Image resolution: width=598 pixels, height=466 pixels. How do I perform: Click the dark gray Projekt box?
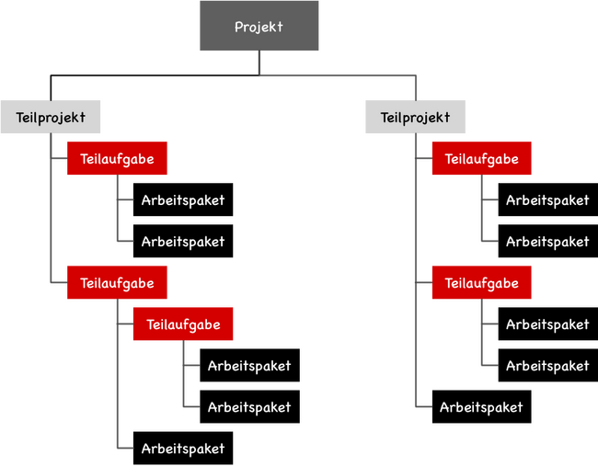(x=259, y=26)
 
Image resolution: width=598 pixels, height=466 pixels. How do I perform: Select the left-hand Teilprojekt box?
(x=51, y=117)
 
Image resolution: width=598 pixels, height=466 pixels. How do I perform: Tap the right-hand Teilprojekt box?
(x=415, y=117)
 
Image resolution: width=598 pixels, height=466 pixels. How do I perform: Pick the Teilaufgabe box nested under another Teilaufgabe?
(x=183, y=324)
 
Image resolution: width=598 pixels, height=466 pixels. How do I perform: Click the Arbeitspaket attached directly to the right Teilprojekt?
(x=482, y=406)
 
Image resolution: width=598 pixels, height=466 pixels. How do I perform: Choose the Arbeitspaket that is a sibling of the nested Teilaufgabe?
(x=183, y=449)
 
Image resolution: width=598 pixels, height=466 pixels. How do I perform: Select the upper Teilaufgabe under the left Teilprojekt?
(x=117, y=158)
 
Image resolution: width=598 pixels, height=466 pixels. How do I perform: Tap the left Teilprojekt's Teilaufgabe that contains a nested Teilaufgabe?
(x=117, y=282)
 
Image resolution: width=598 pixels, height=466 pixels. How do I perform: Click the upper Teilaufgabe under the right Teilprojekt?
(x=482, y=158)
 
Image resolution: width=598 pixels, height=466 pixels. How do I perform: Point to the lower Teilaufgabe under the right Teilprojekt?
(x=482, y=282)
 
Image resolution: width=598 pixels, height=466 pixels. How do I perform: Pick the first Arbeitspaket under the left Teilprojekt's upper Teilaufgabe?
(x=183, y=199)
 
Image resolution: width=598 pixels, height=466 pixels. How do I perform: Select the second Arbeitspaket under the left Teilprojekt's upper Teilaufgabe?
(x=183, y=241)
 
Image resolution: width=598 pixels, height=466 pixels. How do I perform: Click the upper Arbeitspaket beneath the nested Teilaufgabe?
(x=250, y=365)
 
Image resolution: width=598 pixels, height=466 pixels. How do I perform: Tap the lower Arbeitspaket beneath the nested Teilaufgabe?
(x=250, y=406)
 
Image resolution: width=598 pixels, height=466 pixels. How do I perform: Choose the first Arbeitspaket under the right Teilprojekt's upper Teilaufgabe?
(x=548, y=199)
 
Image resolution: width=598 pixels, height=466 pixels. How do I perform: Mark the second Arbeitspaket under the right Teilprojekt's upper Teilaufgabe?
(x=548, y=241)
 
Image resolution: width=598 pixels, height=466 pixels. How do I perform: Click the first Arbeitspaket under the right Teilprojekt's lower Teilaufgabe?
(x=548, y=324)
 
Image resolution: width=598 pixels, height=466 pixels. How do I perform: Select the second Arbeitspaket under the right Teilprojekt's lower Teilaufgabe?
(x=548, y=365)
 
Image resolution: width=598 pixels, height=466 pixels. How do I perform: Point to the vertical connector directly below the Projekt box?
(x=259, y=63)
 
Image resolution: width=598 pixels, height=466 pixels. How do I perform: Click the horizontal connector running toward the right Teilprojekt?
(x=338, y=75)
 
